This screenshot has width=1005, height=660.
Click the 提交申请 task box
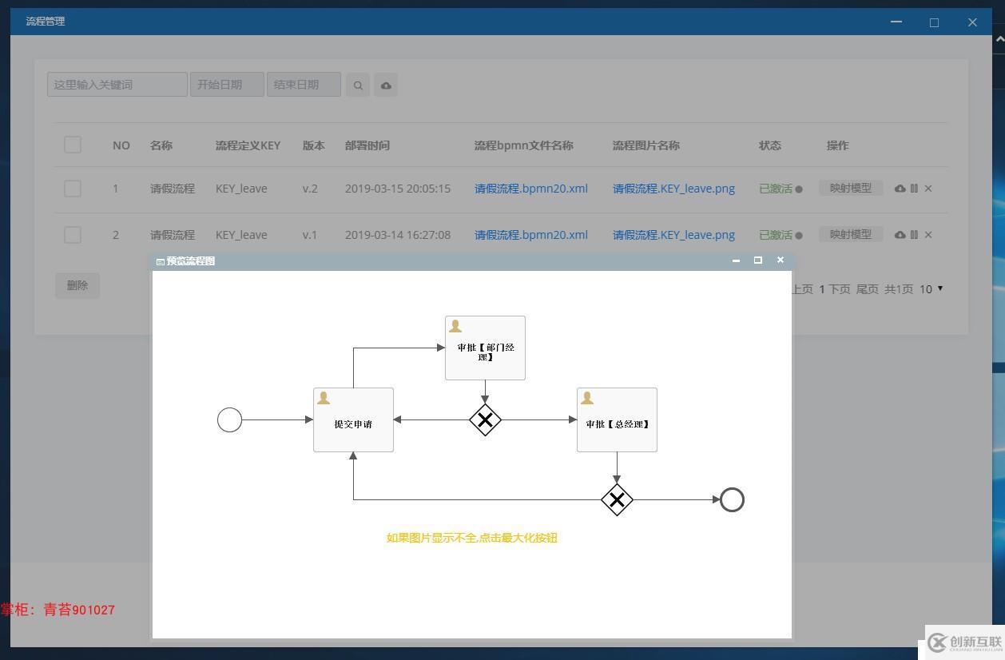click(x=353, y=419)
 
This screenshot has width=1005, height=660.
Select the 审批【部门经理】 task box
click(x=485, y=348)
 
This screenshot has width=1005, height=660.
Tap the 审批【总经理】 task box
click(x=617, y=419)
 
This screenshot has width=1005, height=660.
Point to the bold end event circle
click(x=732, y=488)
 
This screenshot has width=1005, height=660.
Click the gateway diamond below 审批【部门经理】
click(x=485, y=420)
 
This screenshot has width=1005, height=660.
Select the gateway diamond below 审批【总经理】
click(x=617, y=500)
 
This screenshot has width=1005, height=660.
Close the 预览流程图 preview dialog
click(x=781, y=260)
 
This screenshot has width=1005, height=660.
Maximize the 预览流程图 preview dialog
click(x=758, y=260)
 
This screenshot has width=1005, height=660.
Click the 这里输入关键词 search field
click(x=117, y=85)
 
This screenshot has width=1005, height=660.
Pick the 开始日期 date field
click(x=227, y=85)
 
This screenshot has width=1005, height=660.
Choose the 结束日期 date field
click(x=304, y=85)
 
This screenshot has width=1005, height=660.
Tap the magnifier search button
click(x=358, y=85)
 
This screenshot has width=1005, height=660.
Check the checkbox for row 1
click(x=73, y=189)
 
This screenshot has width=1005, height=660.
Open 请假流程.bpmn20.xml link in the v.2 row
click(x=530, y=189)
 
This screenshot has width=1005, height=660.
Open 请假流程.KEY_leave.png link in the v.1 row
click(x=673, y=235)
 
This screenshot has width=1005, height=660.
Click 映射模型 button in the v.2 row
click(x=851, y=188)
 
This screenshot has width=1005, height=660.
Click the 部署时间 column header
click(x=367, y=145)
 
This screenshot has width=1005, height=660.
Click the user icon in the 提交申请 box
click(x=323, y=398)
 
